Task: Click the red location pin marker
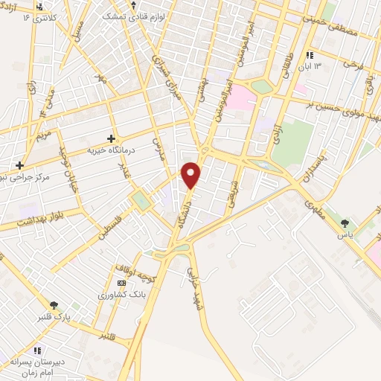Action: tap(191, 175)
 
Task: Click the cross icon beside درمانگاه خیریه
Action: tap(111, 138)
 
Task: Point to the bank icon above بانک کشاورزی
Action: tap(121, 284)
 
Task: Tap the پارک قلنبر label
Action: tap(55, 317)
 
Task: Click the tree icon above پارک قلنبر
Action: tap(54, 304)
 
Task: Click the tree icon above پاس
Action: tap(345, 222)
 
